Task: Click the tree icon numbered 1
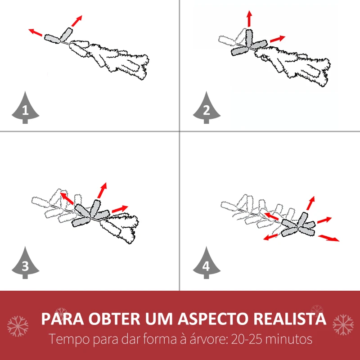(x=25, y=108)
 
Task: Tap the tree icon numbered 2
(x=207, y=108)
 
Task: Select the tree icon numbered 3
(x=25, y=263)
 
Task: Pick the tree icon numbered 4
(x=207, y=263)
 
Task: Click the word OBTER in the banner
(x=114, y=319)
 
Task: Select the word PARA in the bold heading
(x=62, y=319)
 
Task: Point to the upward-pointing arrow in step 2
(x=249, y=18)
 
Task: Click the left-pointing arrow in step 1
(x=35, y=32)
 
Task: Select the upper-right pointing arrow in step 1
(x=76, y=21)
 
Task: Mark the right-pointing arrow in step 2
(x=278, y=39)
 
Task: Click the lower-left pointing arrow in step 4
(x=271, y=237)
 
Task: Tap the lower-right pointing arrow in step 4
(x=328, y=238)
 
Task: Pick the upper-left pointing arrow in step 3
(x=67, y=198)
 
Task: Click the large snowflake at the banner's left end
(x=18, y=326)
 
